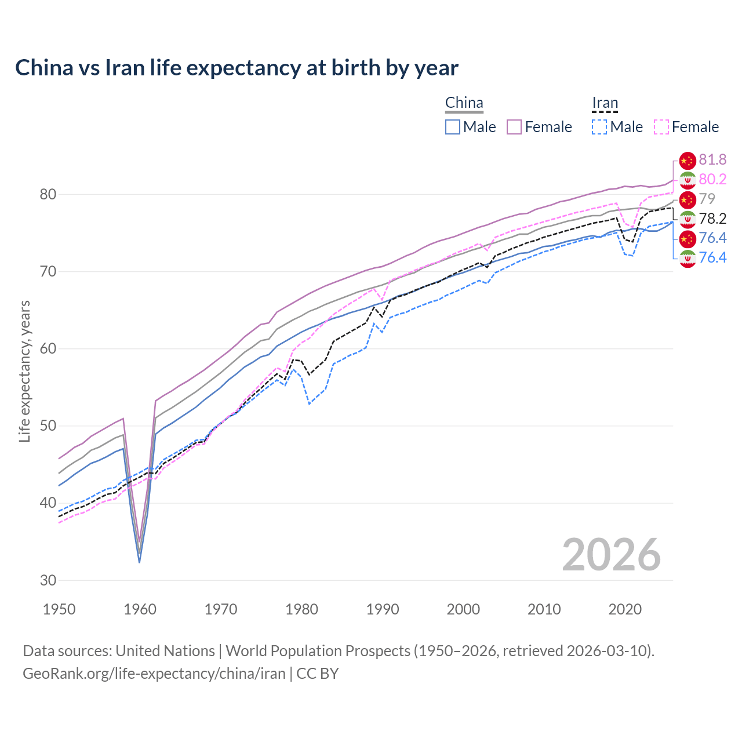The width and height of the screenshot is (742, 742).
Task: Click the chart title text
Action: tap(237, 68)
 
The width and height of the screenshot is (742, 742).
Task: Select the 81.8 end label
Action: tap(712, 159)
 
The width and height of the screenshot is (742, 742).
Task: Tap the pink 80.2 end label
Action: tap(712, 179)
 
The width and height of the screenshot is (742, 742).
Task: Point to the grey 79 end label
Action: tap(707, 199)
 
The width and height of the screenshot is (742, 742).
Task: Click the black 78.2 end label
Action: tap(712, 219)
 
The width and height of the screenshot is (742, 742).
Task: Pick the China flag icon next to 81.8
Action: tap(688, 161)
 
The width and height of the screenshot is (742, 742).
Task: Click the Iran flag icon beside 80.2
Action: tap(688, 180)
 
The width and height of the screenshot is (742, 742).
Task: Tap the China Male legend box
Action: tap(453, 127)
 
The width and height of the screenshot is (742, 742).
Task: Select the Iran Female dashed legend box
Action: tap(661, 127)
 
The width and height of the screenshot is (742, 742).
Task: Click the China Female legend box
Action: tap(514, 127)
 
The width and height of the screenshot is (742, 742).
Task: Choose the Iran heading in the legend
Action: tap(605, 103)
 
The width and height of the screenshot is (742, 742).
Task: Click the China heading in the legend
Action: tap(464, 103)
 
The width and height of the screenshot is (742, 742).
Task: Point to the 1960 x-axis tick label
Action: tap(140, 609)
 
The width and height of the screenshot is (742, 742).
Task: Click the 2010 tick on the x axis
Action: tap(544, 609)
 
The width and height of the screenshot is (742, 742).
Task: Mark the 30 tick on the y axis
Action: tap(48, 580)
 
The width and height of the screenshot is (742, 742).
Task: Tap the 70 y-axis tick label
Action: tap(48, 271)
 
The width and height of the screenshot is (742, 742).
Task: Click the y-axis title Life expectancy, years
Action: tap(24, 371)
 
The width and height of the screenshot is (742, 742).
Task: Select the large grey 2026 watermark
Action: tap(611, 555)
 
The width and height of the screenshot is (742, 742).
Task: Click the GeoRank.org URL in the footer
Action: tap(154, 673)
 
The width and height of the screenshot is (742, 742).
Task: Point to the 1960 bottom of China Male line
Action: tap(140, 562)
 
